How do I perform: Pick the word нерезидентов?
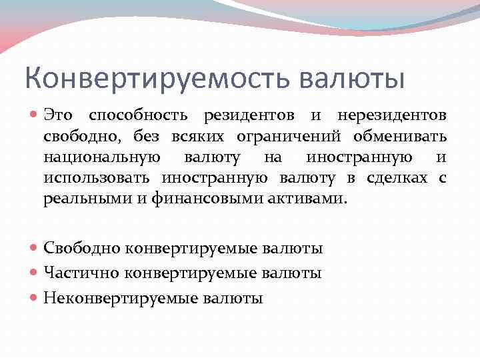coord(392,115)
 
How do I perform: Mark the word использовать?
coord(99,178)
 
